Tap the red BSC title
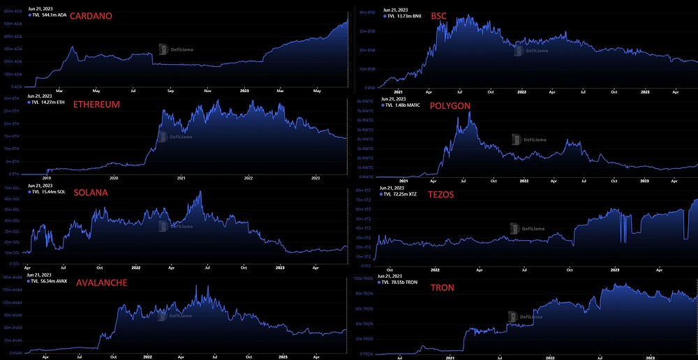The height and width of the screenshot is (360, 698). click(x=439, y=15)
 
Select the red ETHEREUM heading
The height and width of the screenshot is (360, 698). click(x=96, y=105)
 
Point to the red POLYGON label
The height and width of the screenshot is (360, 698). click(x=450, y=105)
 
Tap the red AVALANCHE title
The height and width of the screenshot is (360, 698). click(x=101, y=283)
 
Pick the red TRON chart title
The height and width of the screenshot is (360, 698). click(x=442, y=287)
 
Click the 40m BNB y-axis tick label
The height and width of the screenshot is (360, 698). click(x=367, y=12)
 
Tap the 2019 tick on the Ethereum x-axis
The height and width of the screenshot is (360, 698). click(x=47, y=178)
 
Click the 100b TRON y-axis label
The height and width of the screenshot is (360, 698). click(x=364, y=278)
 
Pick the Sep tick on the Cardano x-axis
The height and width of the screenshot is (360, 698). click(x=171, y=90)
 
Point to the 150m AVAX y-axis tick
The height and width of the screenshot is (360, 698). click(x=12, y=277)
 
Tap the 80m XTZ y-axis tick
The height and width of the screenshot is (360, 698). click(x=363, y=190)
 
